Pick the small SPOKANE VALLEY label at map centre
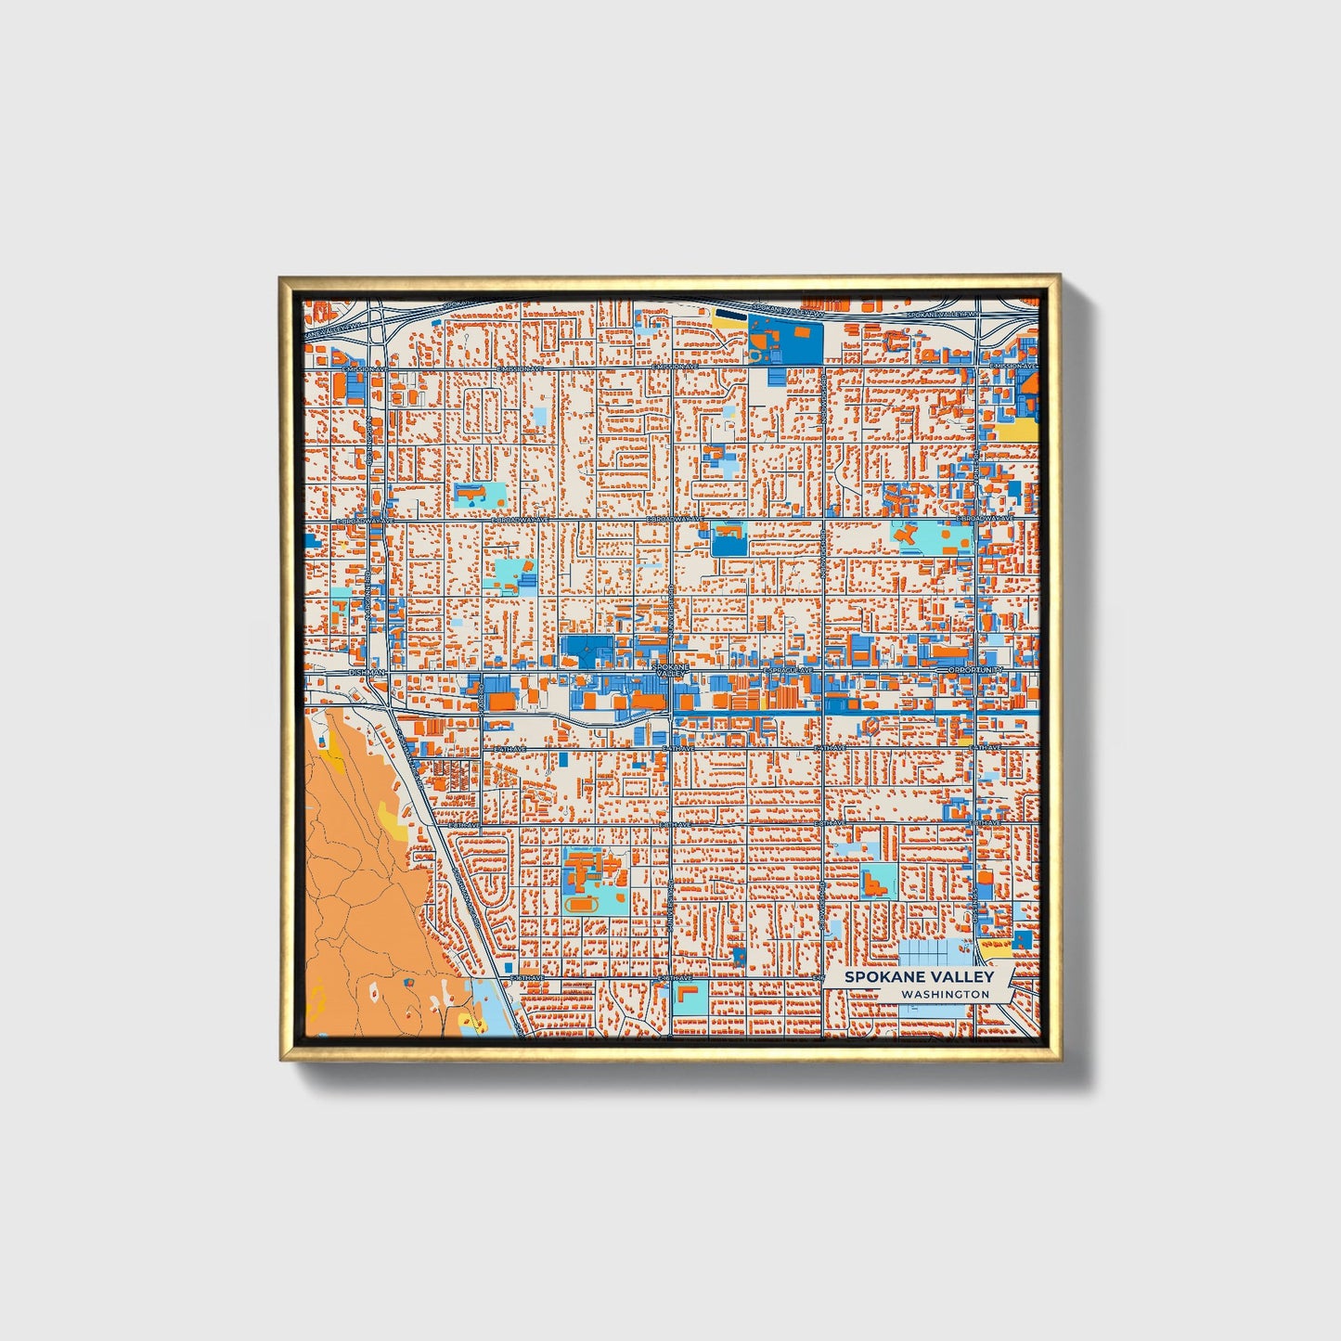(671, 669)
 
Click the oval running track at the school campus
(583, 903)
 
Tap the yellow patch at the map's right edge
(1017, 430)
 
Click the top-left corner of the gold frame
(282, 279)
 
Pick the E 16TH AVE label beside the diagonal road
(525, 978)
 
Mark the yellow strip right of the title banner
(996, 948)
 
